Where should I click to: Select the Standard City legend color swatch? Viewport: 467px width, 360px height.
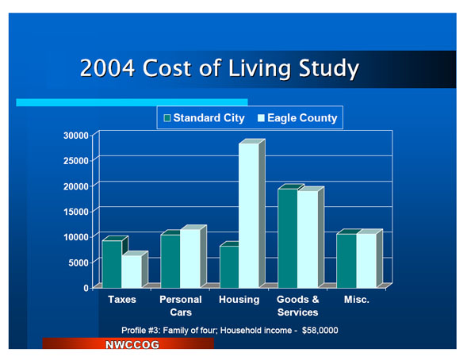(x=167, y=118)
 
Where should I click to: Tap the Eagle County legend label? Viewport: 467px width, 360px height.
(x=302, y=118)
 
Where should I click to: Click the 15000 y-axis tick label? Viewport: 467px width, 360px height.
(x=76, y=212)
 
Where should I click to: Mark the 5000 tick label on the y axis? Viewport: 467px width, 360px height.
(x=78, y=262)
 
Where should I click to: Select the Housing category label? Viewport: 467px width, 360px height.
(x=239, y=299)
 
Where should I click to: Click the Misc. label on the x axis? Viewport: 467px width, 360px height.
(x=357, y=299)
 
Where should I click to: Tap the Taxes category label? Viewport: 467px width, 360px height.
(x=122, y=299)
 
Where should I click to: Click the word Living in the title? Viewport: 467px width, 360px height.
(x=259, y=68)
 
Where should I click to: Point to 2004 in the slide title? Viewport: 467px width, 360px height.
(x=108, y=68)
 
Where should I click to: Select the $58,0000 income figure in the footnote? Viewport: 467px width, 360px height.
(x=320, y=330)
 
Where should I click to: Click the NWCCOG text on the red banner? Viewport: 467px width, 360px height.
(x=132, y=344)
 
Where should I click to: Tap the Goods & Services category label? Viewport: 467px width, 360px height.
(x=298, y=306)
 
